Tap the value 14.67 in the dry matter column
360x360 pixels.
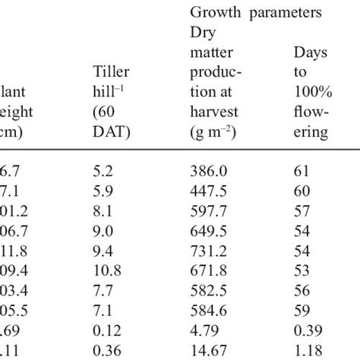click(x=207, y=352)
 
